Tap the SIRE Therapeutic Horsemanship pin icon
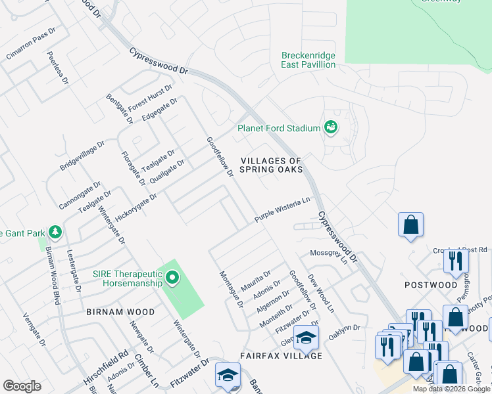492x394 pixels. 172,278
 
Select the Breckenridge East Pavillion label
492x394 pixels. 308,60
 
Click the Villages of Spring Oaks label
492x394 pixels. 271,165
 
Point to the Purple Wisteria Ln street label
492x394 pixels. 282,210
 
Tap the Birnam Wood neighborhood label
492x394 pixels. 120,313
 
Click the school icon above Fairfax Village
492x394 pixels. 306,338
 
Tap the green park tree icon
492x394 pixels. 57,232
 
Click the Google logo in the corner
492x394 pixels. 22,386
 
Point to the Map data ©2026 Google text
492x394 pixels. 451,389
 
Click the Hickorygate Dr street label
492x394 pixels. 135,206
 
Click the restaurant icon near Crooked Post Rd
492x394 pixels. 455,261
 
